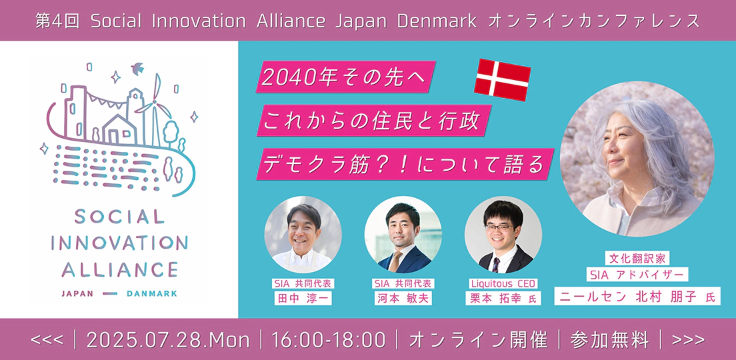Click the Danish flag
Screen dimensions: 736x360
coord(502,80)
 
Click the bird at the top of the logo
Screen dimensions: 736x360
coord(137,69)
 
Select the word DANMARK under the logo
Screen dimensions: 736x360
coord(151,294)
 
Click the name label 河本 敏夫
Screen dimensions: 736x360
coord(403,298)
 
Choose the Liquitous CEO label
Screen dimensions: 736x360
coord(503,283)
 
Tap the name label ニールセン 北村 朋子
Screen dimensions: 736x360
coord(637,296)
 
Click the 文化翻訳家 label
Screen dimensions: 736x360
coord(637,258)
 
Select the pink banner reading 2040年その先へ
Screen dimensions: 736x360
coord(345,77)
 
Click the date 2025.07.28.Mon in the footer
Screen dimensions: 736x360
coord(167,340)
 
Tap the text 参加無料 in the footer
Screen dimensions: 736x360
coord(609,340)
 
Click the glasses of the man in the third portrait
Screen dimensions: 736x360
coord(499,227)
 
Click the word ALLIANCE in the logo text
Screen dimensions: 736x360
coord(120,270)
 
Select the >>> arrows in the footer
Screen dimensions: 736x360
coord(688,340)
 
